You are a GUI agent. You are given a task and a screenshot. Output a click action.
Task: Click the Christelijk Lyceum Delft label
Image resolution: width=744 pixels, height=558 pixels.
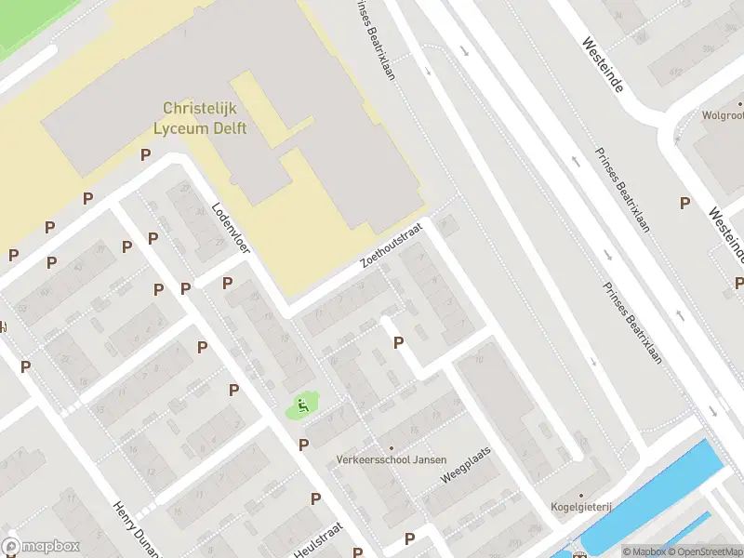tap(205, 118)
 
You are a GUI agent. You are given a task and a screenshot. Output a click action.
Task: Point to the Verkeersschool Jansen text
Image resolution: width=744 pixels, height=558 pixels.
tap(392, 459)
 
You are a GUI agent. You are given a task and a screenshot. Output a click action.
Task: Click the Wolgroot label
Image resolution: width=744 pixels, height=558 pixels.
tap(724, 116)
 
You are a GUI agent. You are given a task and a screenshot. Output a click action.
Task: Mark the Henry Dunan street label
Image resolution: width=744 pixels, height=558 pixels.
tap(131, 527)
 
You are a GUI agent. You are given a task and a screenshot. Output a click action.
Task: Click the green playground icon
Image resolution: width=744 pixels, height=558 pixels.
tap(302, 405)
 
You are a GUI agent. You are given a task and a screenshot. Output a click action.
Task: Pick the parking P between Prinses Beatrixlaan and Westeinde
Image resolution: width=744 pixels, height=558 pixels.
tap(684, 203)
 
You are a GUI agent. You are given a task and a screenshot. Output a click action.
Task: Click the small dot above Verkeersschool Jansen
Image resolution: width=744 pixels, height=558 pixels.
tap(392, 448)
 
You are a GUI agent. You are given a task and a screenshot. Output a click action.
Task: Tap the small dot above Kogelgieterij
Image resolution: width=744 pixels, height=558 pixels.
tap(580, 496)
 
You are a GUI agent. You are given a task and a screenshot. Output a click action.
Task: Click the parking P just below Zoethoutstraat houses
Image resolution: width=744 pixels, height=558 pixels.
tap(398, 342)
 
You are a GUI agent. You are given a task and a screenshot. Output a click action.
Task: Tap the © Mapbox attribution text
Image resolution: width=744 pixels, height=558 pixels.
tap(644, 551)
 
